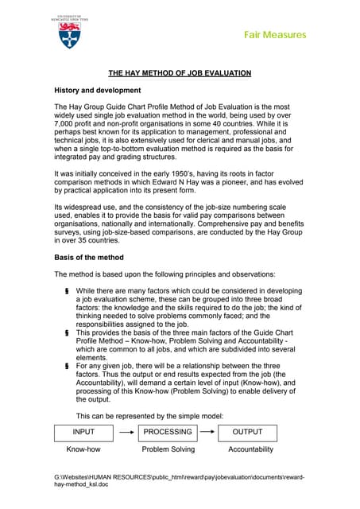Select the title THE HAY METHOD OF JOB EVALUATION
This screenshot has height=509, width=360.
point(180,73)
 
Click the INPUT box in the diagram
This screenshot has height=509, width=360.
point(83,433)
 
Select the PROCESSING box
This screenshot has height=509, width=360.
point(167,433)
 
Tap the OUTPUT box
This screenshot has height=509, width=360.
point(252,433)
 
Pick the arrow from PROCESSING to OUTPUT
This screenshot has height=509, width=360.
point(208,433)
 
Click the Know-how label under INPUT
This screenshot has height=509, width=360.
point(83,449)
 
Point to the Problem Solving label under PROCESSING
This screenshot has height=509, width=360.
point(168,449)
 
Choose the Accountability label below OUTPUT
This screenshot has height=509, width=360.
point(251,449)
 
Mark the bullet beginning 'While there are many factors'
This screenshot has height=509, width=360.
point(68,292)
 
